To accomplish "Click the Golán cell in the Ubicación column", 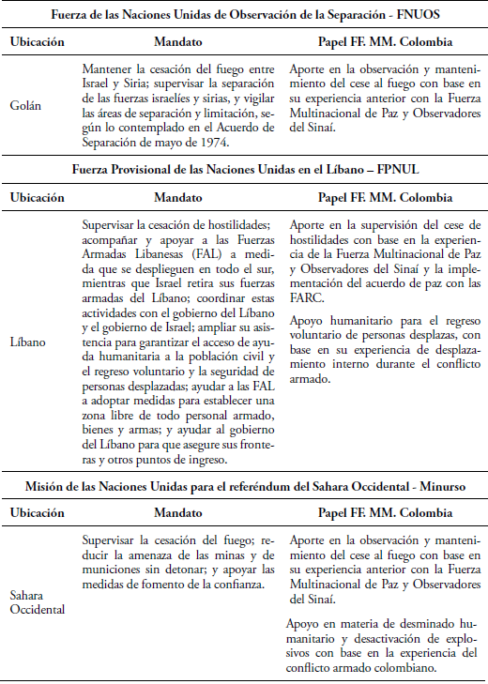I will pyautogui.click(x=26, y=106).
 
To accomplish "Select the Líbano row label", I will pyautogui.click(x=28, y=342).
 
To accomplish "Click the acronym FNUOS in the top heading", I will pyautogui.click(x=395, y=15).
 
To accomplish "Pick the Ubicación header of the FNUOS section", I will pyautogui.click(x=38, y=43).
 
